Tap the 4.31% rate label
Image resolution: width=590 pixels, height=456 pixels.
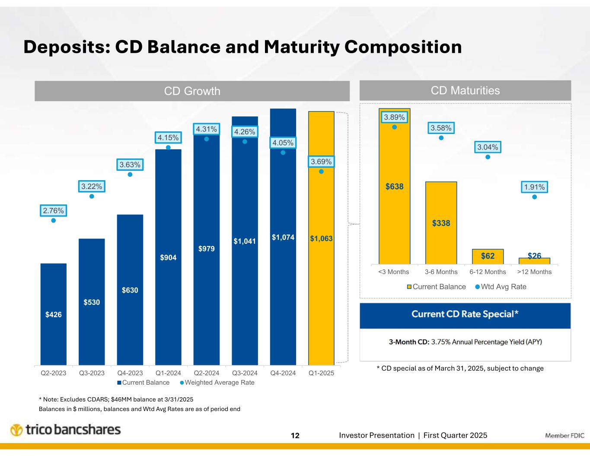coord(206,129)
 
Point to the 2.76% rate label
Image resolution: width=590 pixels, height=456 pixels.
coord(53,210)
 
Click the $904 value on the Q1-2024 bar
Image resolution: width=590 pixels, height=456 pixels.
coord(168,258)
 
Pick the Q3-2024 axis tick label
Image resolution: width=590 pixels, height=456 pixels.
coord(245,373)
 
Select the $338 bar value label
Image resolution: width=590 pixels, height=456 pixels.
coord(441,223)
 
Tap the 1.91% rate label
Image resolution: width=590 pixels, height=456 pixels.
coord(534,187)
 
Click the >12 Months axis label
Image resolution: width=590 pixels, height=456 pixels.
coord(534,272)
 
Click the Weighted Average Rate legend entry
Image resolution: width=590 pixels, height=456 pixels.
coord(217,383)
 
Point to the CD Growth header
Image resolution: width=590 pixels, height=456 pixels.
coord(192,91)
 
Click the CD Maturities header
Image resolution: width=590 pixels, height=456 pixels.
coord(465,90)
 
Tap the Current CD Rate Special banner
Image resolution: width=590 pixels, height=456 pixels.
coord(465,314)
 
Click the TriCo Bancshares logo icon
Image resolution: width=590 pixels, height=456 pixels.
coord(17,430)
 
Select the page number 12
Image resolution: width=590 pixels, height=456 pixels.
coord(295,435)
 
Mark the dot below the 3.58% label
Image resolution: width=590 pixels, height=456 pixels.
coord(441,138)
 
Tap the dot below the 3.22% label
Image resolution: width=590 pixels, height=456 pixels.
coord(92,196)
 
